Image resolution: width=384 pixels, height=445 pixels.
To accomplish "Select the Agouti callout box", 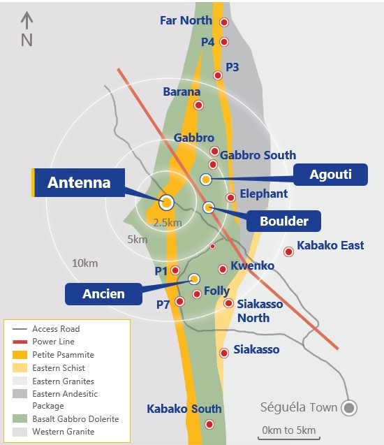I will [330, 175].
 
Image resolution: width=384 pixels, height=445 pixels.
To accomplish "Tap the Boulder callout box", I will [283, 221].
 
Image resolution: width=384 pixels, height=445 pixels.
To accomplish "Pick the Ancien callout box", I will [103, 293].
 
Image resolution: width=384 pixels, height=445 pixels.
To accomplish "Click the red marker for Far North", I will [224, 22].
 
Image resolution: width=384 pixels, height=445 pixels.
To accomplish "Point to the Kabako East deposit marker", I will [288, 252].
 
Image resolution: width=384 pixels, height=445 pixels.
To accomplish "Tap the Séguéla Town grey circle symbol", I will [349, 407].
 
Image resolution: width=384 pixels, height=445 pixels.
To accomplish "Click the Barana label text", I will [182, 92].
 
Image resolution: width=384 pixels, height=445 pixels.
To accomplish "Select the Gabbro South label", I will [258, 155].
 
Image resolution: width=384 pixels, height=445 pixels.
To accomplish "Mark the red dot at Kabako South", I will [209, 424].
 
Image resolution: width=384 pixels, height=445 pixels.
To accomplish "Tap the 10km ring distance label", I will [84, 263].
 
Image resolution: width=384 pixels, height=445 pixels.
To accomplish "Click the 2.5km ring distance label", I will [168, 223].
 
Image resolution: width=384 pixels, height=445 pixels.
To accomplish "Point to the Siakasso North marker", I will [228, 303].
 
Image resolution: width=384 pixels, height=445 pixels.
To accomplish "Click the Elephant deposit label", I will [263, 194].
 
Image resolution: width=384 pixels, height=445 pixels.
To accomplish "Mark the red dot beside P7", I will [179, 302].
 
